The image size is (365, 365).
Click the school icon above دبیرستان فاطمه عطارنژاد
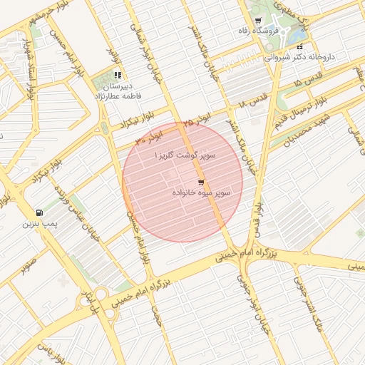pos(118,75)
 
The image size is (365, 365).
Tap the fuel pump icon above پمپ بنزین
pos(38,213)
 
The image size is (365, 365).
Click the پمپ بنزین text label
pos(38,224)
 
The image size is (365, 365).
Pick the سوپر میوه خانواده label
pos(200,193)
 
